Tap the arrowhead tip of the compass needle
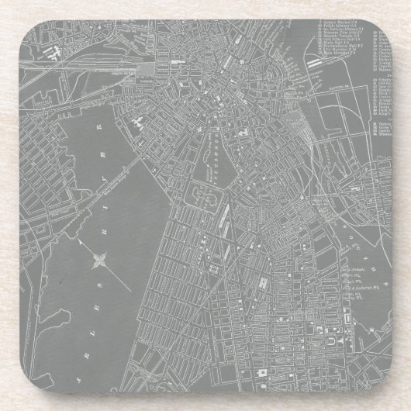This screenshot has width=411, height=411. coord(130,289)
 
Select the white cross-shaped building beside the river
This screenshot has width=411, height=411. coord(137,123)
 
